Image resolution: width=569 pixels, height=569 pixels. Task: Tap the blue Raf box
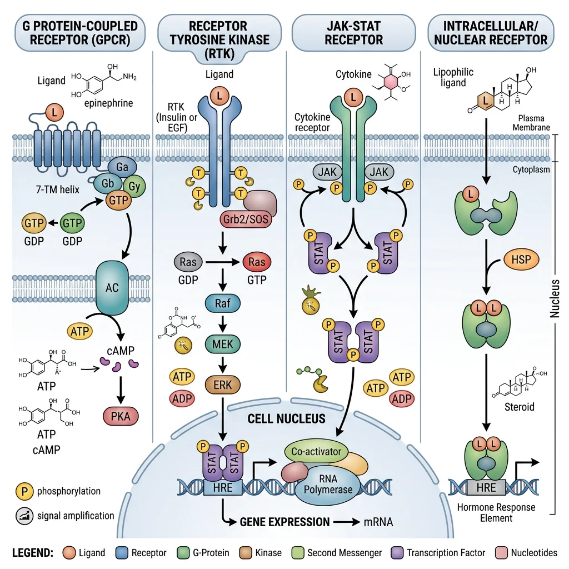(x=222, y=303)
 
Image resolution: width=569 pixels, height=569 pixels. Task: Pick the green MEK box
(x=222, y=344)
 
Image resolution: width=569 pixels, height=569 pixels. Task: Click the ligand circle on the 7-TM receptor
(x=54, y=113)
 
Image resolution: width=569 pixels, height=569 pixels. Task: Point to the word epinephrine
(x=108, y=103)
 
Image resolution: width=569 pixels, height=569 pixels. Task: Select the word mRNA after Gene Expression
(x=378, y=522)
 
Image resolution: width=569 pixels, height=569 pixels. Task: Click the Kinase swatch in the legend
(x=247, y=553)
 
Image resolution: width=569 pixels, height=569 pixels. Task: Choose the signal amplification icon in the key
(x=23, y=516)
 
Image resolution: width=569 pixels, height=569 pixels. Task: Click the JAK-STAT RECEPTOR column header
(x=353, y=32)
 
